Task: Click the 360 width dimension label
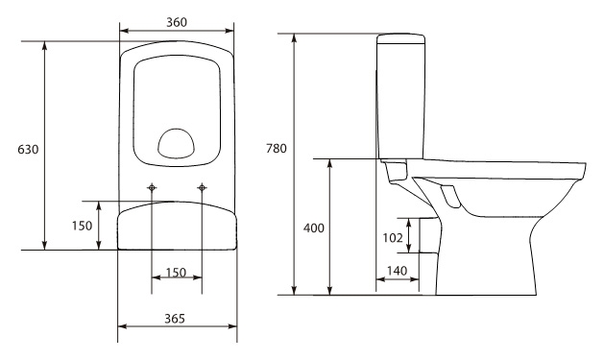[x=177, y=22]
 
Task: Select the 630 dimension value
[x=28, y=149]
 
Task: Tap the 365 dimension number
[x=175, y=319]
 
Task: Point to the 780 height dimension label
[x=277, y=148]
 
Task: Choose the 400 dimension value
[x=314, y=228]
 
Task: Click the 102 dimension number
[x=393, y=238]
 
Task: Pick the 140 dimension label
[x=397, y=271]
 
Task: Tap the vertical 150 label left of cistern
[x=82, y=226]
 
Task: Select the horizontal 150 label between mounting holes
[x=176, y=273]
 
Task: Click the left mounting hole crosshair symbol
[x=152, y=188]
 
